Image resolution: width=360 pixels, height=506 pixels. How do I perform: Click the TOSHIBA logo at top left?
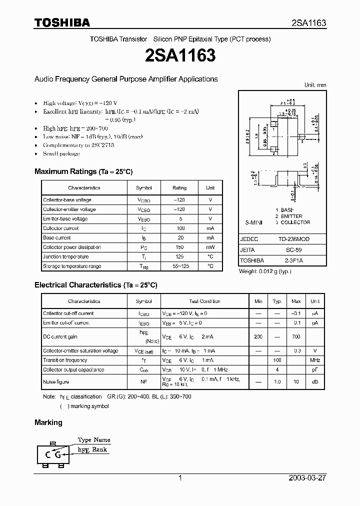point(62,22)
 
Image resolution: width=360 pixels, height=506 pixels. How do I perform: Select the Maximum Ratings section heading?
point(83,171)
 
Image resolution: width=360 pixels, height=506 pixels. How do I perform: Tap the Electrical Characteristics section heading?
point(95,285)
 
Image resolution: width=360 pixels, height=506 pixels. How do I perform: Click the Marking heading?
point(48,422)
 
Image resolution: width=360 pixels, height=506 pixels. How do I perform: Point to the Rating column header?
point(179,188)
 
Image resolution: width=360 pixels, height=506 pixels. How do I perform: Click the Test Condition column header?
point(204,301)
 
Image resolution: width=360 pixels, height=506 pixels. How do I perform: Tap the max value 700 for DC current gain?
point(296,337)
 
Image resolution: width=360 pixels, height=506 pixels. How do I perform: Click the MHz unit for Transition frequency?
point(315,360)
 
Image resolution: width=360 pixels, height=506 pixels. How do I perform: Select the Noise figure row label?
point(55,382)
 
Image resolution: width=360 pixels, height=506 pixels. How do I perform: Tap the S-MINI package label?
point(254,222)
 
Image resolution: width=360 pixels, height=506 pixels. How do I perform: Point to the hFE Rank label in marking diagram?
point(92,450)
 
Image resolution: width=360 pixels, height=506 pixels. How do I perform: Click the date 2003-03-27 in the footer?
point(307,478)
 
